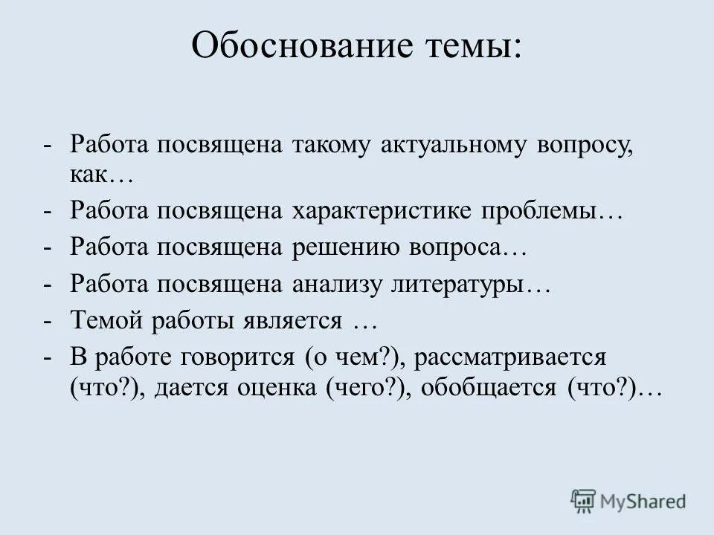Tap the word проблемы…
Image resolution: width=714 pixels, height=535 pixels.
[553, 212]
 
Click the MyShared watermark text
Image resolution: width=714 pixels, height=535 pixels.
[649, 501]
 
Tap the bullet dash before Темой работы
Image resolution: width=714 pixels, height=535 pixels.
[48, 320]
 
